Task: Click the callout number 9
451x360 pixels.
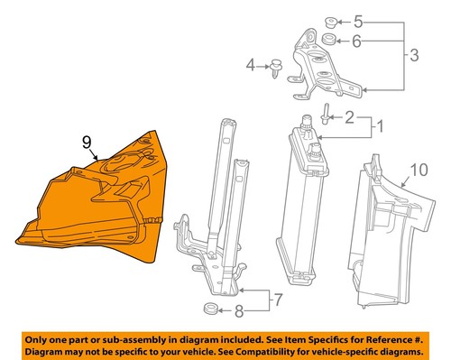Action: pos(86,141)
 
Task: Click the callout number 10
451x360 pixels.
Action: pos(418,169)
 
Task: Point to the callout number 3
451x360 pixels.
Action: pos(414,57)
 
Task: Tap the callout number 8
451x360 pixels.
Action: pos(239,313)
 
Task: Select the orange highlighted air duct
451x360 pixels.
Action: pos(99,203)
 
